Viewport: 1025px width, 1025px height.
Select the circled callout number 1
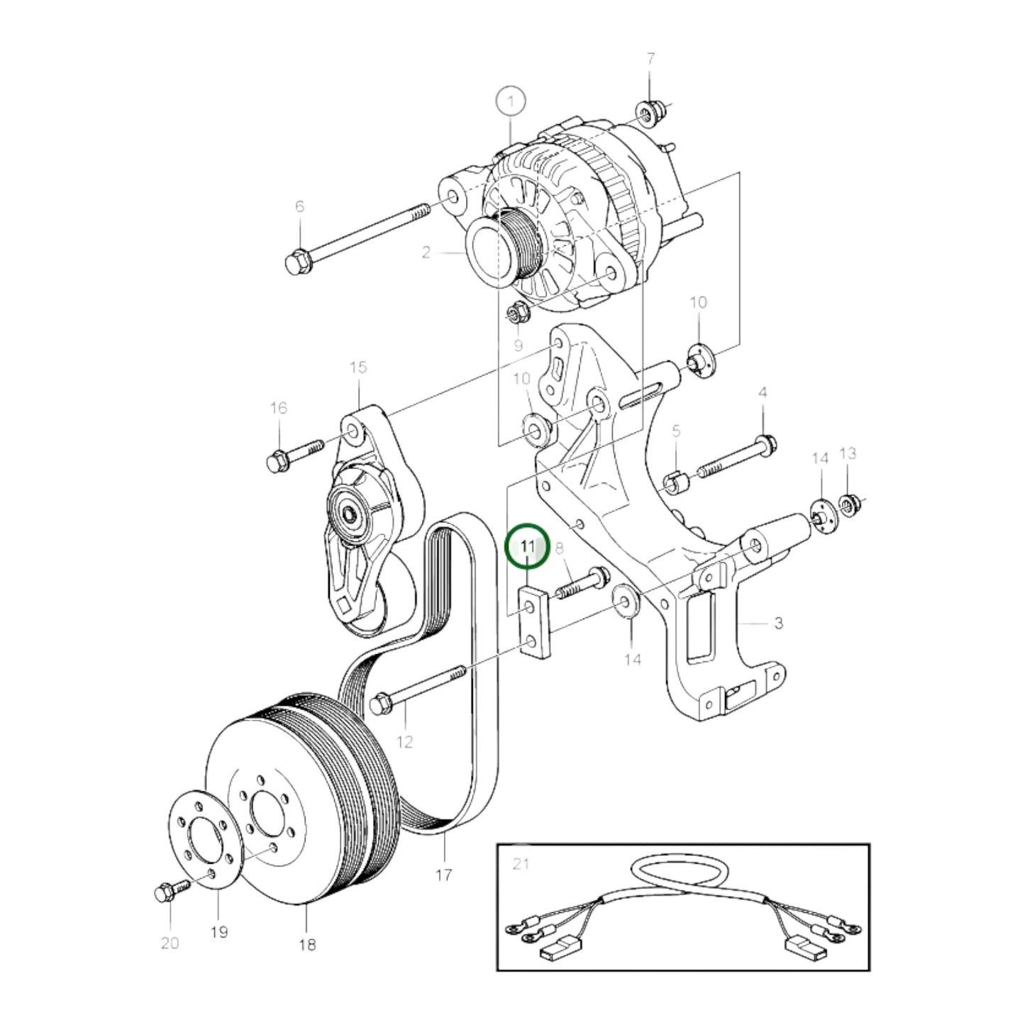click(x=511, y=101)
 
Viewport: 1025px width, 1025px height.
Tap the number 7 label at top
click(x=650, y=59)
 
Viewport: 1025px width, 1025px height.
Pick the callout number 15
click(x=358, y=367)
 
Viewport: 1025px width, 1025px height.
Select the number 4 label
click(x=763, y=393)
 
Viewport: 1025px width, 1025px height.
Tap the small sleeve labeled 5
click(x=675, y=482)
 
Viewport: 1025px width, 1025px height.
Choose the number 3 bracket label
click(x=778, y=623)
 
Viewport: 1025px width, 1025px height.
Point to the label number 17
click(x=443, y=874)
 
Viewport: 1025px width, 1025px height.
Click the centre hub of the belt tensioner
click(x=350, y=516)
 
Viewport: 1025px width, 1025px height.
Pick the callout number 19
click(x=219, y=931)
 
